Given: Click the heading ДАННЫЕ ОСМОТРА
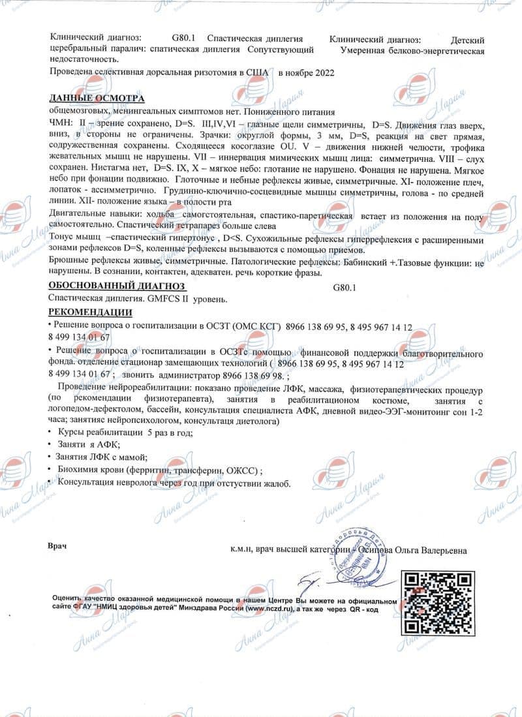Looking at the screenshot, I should (97, 98).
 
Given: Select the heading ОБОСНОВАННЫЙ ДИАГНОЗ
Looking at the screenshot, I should (117, 286).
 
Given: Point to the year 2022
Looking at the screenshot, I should (320, 74).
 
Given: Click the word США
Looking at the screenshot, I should (257, 74).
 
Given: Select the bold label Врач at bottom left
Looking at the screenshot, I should (57, 544).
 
